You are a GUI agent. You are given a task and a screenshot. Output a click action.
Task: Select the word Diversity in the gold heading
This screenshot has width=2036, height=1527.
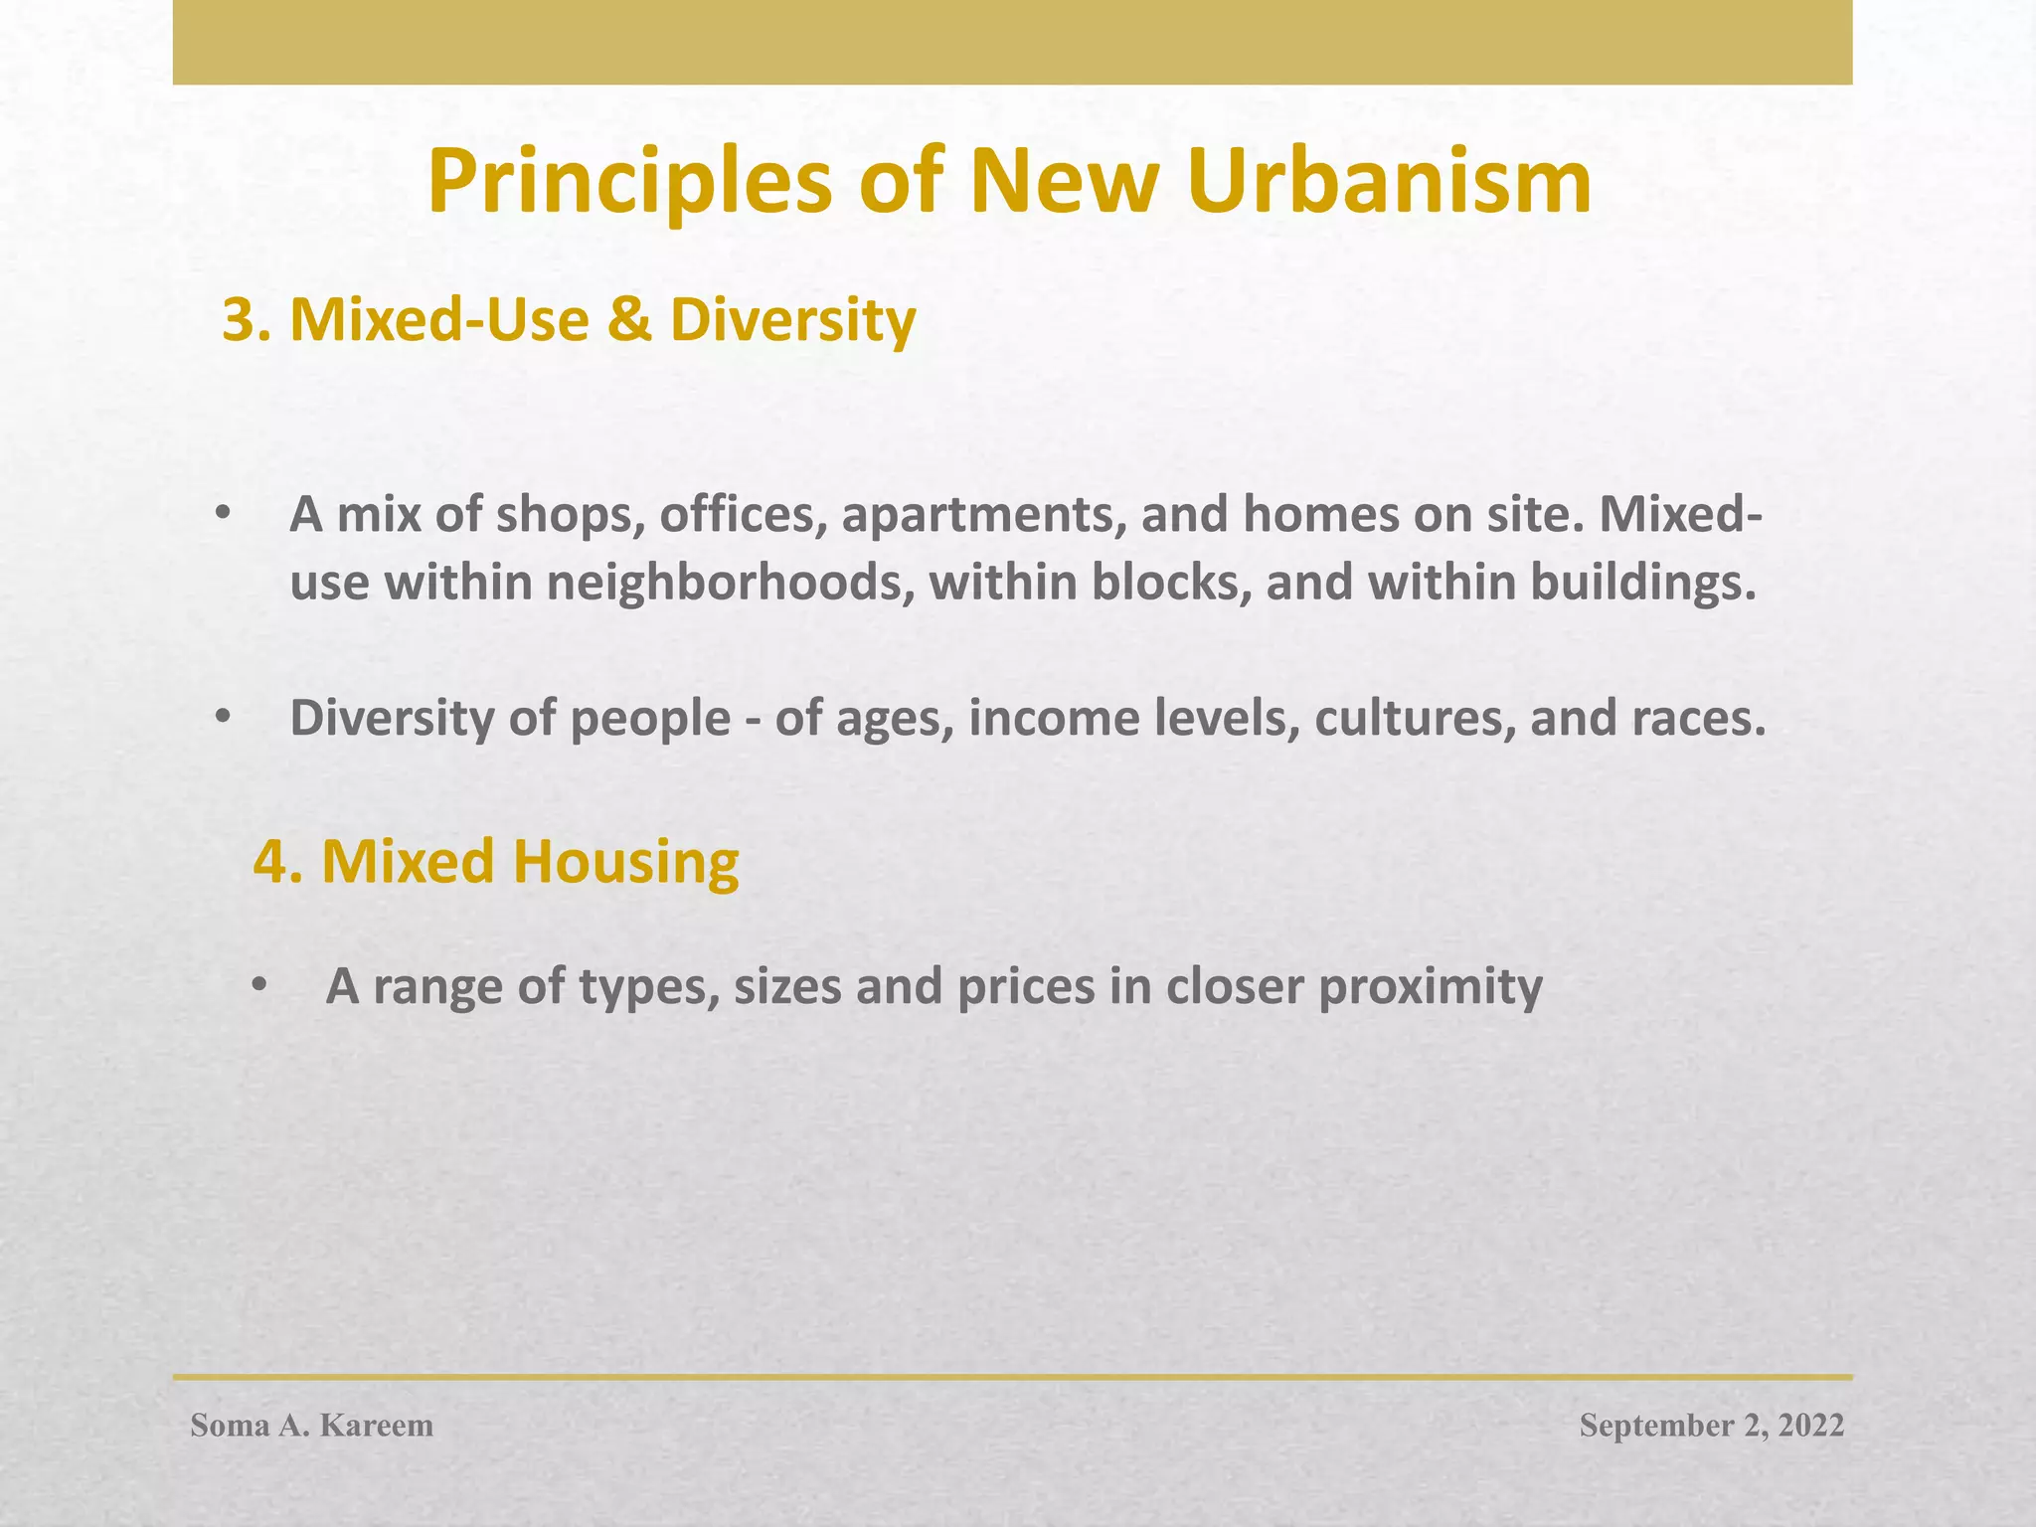coord(792,320)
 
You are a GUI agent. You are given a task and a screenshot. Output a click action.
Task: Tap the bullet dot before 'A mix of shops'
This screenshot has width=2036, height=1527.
coord(223,514)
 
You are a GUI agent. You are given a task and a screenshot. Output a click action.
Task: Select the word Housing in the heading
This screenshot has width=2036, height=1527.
coord(626,861)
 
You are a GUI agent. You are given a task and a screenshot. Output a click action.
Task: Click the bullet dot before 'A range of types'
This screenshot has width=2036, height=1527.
coord(258,985)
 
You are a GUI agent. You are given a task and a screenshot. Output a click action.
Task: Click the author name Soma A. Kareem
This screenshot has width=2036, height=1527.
coord(312,1426)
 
